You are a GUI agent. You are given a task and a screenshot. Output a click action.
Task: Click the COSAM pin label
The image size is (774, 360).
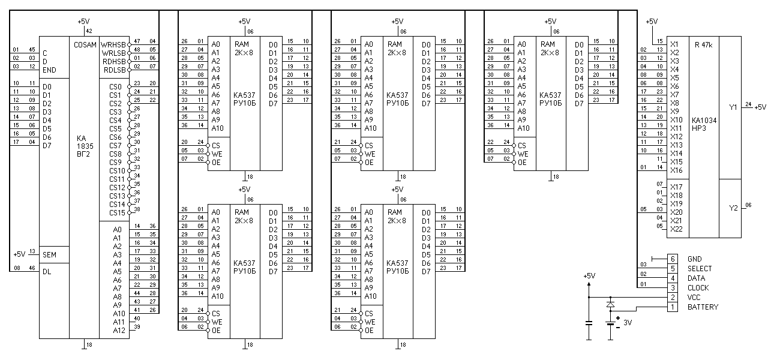85,44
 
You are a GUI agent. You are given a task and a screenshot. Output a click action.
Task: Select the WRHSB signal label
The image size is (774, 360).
113,44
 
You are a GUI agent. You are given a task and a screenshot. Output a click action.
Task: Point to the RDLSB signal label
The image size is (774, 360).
113,70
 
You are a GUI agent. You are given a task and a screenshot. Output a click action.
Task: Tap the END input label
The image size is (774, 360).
49,70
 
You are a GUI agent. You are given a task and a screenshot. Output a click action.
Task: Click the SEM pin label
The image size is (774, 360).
49,255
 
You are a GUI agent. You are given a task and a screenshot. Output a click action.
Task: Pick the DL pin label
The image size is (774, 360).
47,272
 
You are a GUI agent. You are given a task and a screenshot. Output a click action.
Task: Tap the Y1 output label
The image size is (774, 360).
733,107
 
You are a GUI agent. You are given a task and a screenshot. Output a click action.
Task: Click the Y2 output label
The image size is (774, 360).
733,208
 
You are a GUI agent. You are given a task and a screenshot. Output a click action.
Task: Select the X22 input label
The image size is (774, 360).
676,229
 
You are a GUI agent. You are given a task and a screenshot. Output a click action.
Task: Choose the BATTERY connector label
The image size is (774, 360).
703,307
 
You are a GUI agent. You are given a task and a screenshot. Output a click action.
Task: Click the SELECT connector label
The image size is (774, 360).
700,269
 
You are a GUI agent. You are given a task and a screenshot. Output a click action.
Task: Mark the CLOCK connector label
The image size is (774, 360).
698,288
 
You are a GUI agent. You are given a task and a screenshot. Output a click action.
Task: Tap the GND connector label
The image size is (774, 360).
695,259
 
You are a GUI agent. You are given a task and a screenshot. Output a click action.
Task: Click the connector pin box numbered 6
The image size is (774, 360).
673,259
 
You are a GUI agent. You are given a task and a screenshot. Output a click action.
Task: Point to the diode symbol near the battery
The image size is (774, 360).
611,304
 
